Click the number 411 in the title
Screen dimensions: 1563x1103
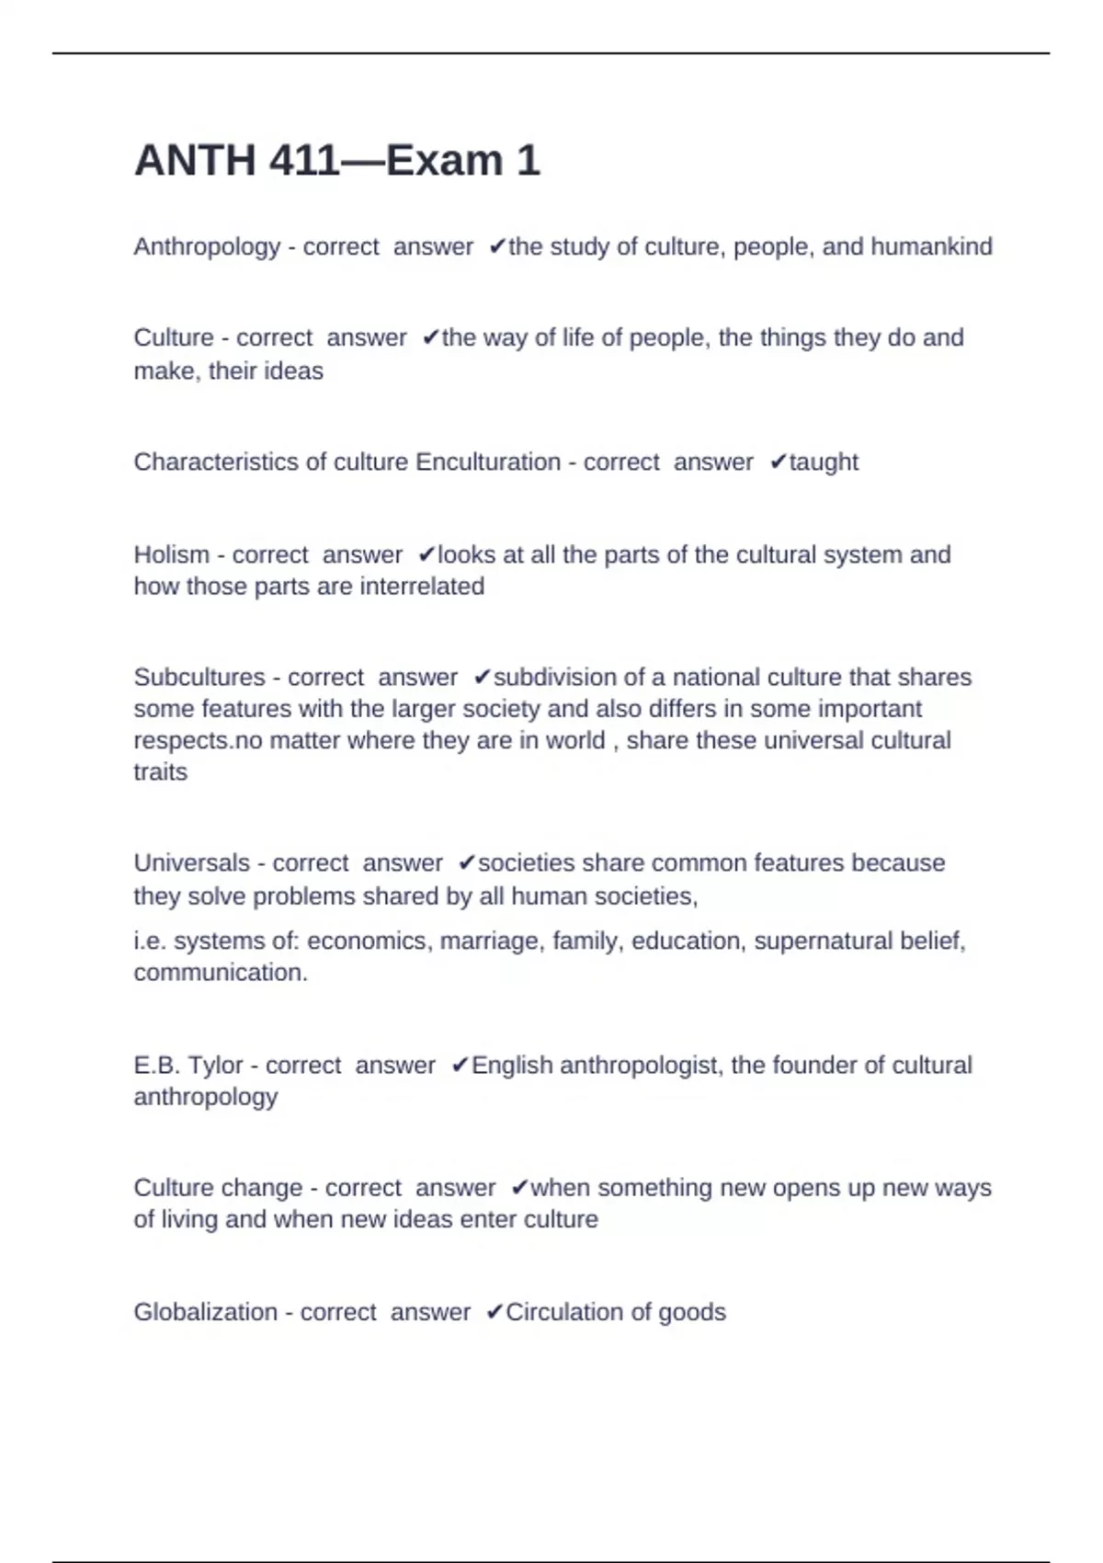click(304, 161)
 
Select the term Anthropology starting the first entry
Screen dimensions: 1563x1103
click(207, 246)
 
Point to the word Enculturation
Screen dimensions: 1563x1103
click(488, 462)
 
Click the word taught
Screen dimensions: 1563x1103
click(824, 462)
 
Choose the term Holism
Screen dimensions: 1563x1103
click(172, 554)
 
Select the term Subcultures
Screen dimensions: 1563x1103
click(199, 678)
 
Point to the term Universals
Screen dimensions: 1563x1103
click(192, 863)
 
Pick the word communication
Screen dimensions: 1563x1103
click(221, 973)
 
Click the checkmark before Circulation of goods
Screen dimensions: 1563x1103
click(495, 1312)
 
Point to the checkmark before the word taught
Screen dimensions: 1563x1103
click(778, 462)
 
